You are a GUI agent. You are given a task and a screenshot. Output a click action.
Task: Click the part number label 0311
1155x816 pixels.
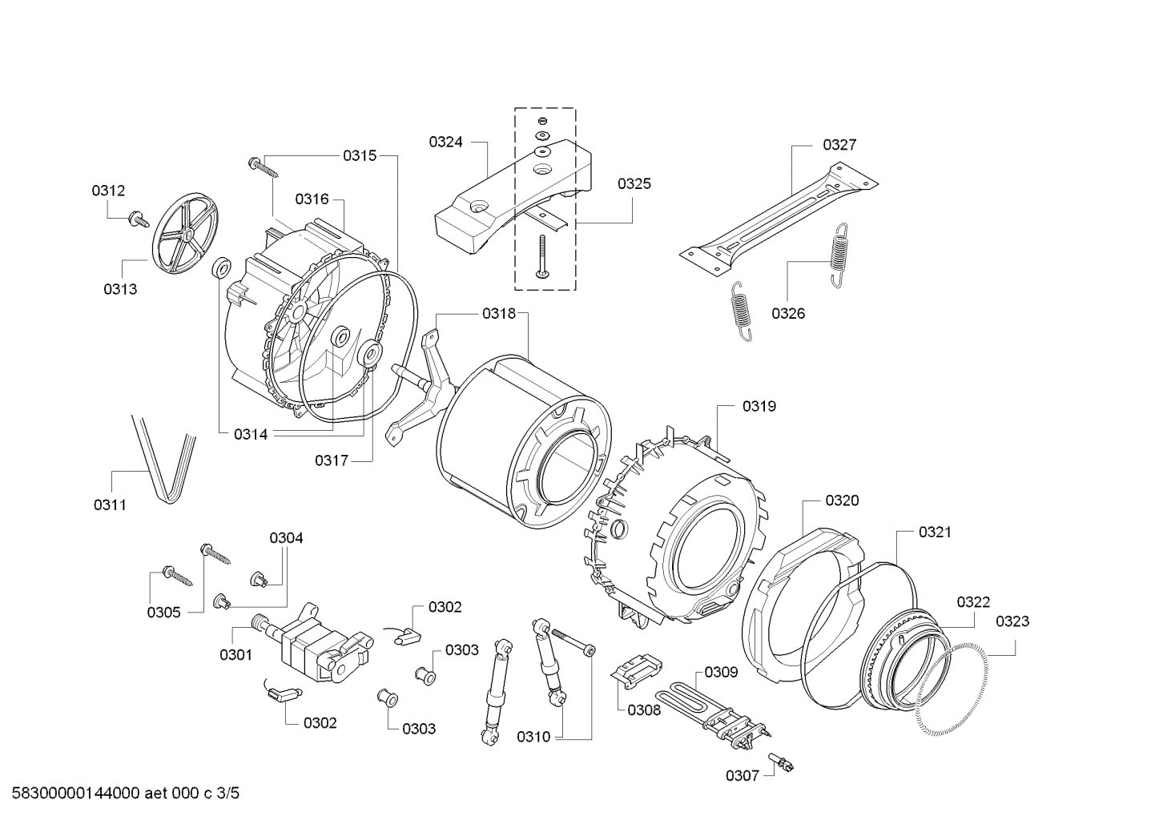(x=110, y=504)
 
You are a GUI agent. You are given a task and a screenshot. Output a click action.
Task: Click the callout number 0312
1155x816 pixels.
(x=108, y=191)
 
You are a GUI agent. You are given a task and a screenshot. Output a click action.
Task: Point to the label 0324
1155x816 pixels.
(x=445, y=142)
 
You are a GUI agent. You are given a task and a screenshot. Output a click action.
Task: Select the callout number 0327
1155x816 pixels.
(x=839, y=145)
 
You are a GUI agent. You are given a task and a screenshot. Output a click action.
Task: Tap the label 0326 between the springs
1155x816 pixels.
(x=788, y=313)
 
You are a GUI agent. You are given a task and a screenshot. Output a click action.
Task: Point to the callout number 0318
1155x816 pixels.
(x=499, y=314)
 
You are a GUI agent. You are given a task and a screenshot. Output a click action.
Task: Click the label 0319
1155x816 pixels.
(x=759, y=406)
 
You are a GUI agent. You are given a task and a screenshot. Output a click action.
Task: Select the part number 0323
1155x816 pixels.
(x=1012, y=621)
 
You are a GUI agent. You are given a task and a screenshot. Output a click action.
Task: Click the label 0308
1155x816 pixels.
(x=644, y=709)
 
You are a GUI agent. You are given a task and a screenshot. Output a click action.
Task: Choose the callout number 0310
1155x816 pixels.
(x=533, y=737)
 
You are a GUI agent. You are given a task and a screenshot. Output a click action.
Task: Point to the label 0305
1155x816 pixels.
(x=163, y=612)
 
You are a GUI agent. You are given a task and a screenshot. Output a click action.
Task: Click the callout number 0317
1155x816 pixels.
(x=331, y=460)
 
